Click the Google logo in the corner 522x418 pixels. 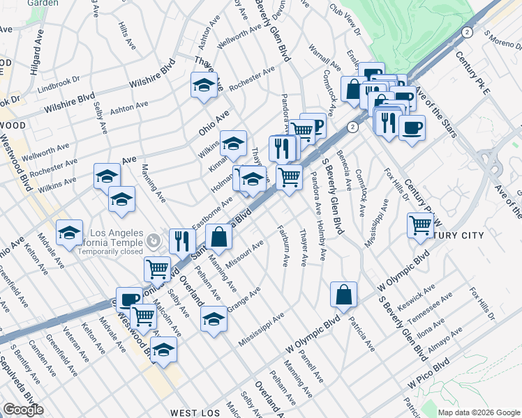24,410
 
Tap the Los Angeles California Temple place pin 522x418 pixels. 154,242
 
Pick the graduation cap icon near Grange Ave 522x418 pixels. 214,320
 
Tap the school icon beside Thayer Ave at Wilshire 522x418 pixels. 204,86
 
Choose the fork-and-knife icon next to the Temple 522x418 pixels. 181,241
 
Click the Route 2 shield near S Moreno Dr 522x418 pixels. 467,33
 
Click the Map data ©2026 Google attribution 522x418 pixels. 478,412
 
